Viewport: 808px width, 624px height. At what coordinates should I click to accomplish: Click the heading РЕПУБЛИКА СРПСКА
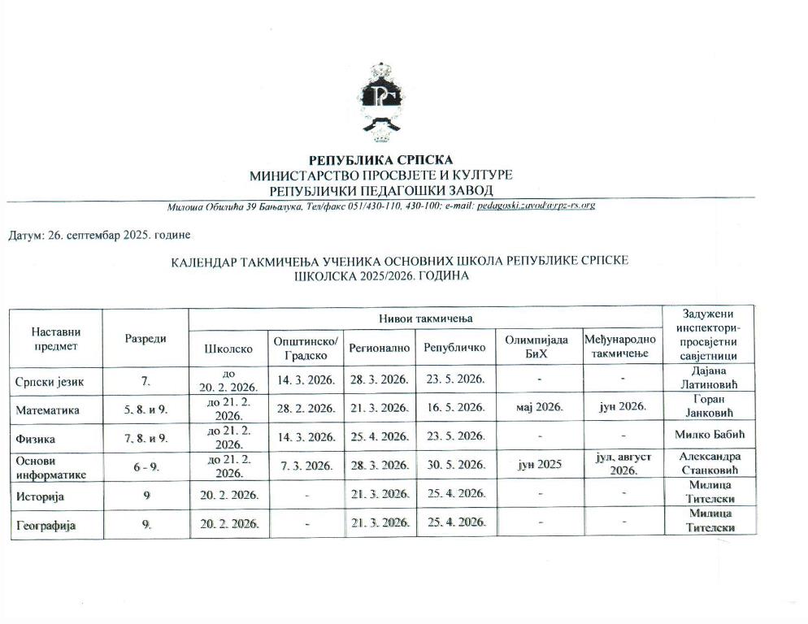(381, 160)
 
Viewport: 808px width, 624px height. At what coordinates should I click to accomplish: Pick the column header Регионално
(378, 348)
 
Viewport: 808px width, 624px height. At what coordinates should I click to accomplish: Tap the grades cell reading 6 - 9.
(146, 466)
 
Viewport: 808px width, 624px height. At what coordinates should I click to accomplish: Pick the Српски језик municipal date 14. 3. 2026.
(306, 379)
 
